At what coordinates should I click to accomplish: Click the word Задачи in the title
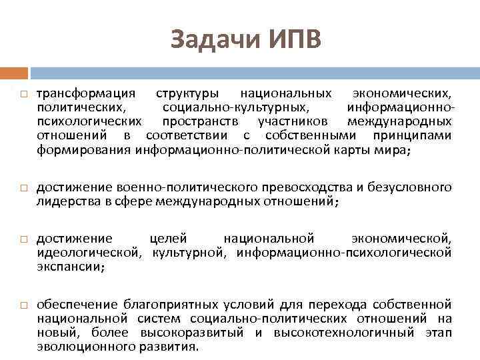(x=211, y=39)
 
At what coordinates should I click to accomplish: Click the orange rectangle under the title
(x=14, y=73)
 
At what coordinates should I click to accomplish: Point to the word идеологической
(x=88, y=252)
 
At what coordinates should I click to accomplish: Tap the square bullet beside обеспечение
(x=23, y=303)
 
